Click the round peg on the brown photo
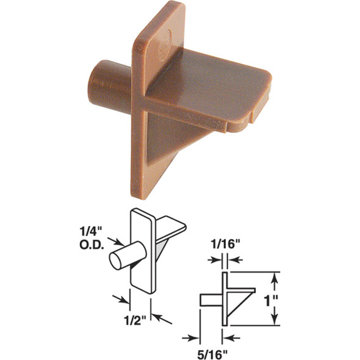[x=109, y=85]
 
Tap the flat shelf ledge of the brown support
[x=207, y=86]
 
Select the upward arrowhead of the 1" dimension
[x=275, y=278]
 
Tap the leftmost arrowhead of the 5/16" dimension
[x=195, y=336]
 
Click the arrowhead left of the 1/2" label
[x=126, y=300]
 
